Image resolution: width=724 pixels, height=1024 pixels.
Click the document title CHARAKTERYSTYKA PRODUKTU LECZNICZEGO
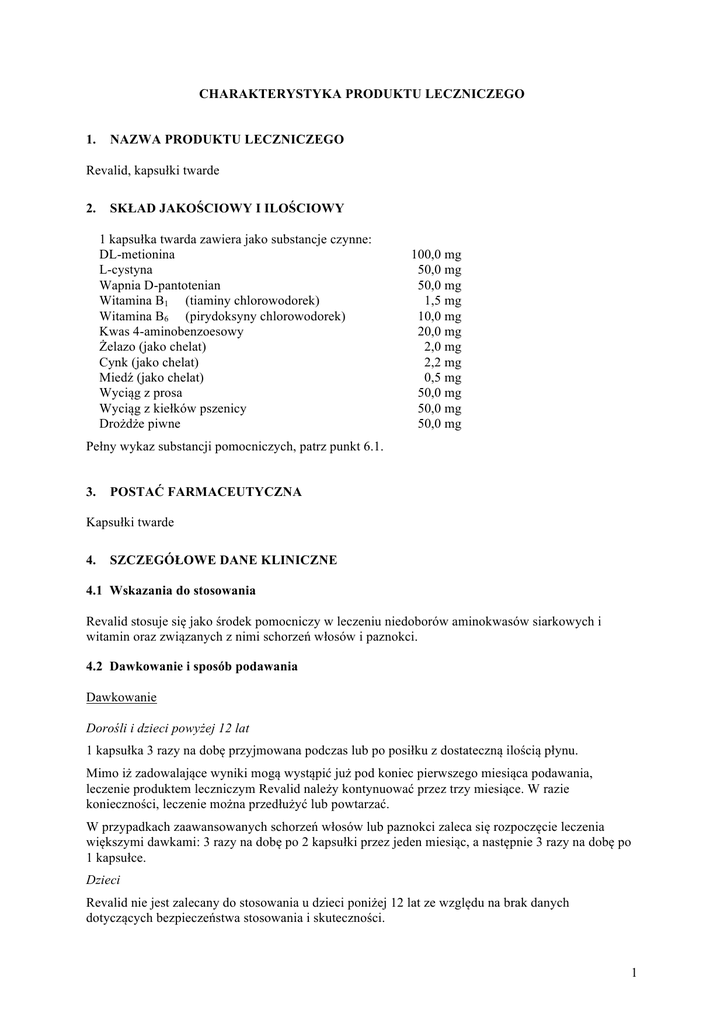click(361, 93)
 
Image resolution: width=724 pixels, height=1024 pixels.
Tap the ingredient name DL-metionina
click(137, 255)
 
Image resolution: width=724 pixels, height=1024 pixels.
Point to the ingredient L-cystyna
click(126, 270)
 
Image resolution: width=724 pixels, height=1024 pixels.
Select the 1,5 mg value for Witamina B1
click(442, 300)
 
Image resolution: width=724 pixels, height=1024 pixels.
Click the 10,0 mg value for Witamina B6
click(440, 316)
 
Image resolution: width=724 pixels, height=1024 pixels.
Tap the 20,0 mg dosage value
click(440, 331)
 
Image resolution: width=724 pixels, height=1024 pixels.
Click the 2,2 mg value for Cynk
click(442, 362)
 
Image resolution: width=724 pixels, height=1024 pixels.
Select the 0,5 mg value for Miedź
click(442, 377)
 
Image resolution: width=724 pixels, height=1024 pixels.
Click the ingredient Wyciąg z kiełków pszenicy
click(173, 408)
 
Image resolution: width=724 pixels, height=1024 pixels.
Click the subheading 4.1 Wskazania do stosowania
click(171, 590)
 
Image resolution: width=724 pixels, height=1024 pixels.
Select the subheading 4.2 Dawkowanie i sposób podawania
click(192, 666)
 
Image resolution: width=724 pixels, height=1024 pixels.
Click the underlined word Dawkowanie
click(121, 696)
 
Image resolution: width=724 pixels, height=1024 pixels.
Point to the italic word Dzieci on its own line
click(103, 880)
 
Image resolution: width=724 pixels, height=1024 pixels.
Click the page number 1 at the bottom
click(634, 972)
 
